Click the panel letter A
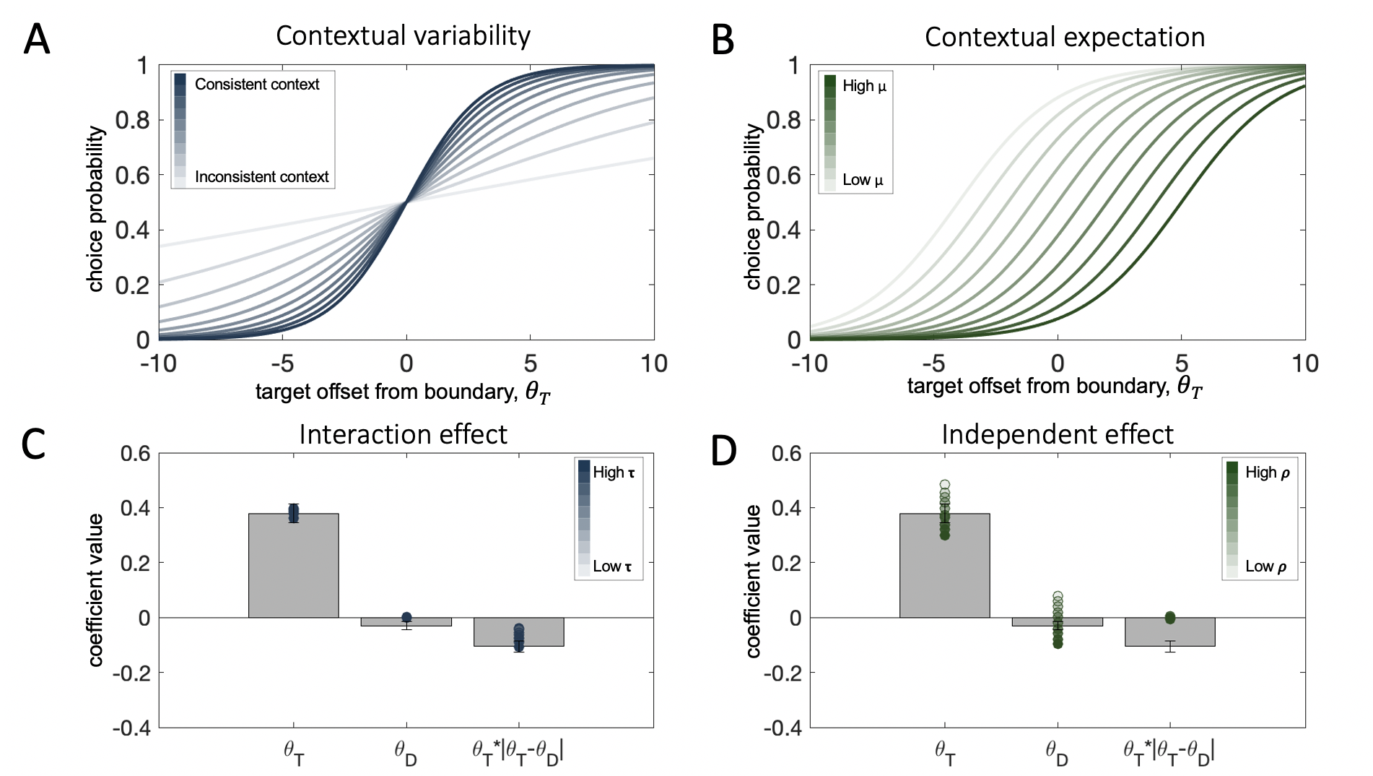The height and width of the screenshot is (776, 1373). [37, 40]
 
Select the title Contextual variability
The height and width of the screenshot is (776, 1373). [403, 35]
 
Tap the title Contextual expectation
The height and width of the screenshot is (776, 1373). [1064, 37]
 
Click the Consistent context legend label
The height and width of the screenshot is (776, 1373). [256, 85]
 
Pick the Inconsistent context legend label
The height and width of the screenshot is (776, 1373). [261, 177]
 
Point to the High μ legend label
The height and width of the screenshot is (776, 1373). [864, 86]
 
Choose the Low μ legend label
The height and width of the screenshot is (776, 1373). [863, 180]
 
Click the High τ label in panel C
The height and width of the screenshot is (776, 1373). [614, 473]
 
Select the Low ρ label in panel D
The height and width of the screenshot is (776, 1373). [1265, 566]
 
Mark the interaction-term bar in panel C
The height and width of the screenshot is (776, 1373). [518, 631]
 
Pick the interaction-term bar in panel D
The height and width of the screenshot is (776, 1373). [1169, 631]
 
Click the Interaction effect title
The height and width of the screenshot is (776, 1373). [403, 434]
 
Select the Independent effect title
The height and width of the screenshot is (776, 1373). [1057, 434]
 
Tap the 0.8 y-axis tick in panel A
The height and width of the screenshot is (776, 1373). [132, 120]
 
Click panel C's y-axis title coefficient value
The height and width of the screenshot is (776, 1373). [96, 590]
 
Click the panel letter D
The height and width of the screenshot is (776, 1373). [724, 451]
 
